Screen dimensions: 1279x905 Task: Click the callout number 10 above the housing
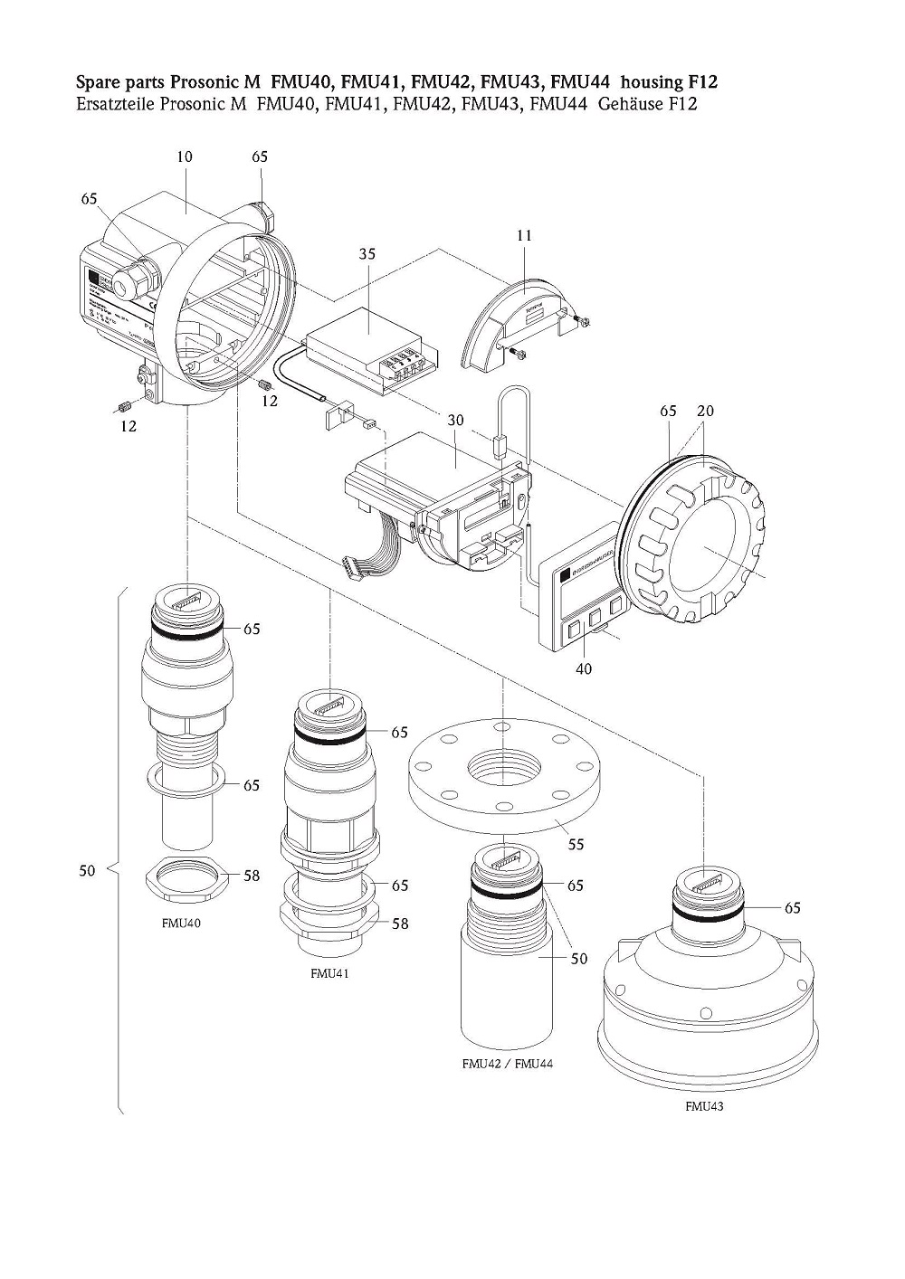point(184,156)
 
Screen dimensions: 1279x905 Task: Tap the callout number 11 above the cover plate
point(525,235)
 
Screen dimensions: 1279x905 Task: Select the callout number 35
point(367,254)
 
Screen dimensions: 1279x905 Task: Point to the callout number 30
point(454,421)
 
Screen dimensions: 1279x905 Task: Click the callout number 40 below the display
point(585,669)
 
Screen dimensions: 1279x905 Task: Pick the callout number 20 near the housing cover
point(705,411)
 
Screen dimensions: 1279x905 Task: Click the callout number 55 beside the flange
point(575,844)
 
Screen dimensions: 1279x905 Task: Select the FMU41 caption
point(329,974)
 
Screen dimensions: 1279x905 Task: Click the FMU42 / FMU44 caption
point(507,1063)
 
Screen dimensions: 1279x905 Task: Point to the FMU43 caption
point(705,1105)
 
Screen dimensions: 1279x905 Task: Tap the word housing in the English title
point(650,82)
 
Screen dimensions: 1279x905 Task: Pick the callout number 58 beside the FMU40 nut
point(251,875)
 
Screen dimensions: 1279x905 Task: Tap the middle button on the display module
point(596,619)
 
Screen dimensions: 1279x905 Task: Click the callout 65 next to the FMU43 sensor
point(792,907)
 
